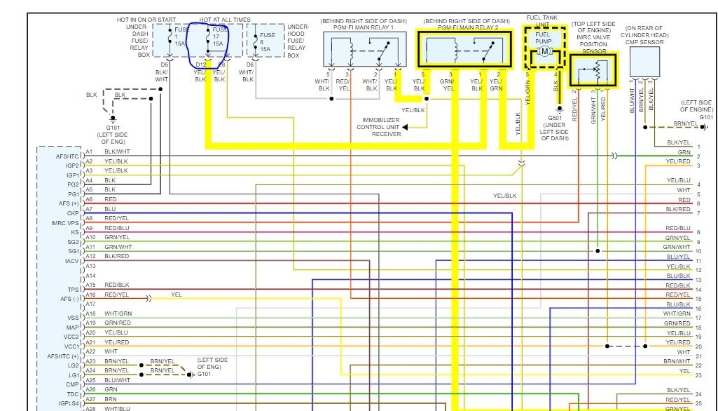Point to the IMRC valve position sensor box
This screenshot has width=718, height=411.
[x=594, y=69]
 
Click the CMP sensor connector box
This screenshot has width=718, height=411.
[x=644, y=62]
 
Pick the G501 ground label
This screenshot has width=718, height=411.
[x=555, y=118]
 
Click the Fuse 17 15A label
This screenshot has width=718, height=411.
[x=219, y=36]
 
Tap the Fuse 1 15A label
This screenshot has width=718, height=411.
[x=181, y=36]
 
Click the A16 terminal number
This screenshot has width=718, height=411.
[x=90, y=295]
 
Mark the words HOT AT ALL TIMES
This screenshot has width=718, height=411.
[x=226, y=20]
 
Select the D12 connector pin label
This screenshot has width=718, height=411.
[x=201, y=65]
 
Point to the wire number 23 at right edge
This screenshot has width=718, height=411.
[x=698, y=375]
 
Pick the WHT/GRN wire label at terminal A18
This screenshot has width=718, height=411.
[x=118, y=314]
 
